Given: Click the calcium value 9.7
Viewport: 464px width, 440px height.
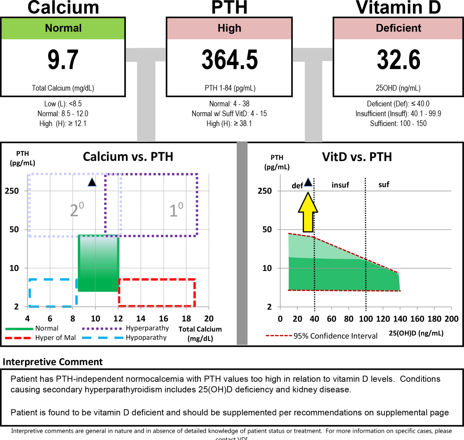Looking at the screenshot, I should [x=63, y=60].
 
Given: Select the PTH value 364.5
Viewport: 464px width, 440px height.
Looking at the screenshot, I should [x=229, y=60].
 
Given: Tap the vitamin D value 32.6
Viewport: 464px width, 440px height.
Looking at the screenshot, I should [x=398, y=60].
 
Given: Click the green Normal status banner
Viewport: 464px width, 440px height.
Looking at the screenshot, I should [x=63, y=28].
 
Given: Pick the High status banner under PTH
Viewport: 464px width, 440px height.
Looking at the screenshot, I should [x=229, y=28].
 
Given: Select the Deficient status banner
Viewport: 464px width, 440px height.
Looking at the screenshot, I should [x=398, y=28].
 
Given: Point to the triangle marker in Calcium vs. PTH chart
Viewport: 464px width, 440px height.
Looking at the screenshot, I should [x=92, y=182].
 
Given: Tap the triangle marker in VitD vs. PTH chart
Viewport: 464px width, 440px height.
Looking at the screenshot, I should [x=308, y=182].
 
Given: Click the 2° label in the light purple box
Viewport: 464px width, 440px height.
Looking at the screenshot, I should [x=77, y=210].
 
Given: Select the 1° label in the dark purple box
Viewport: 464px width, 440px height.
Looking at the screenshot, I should [x=176, y=210].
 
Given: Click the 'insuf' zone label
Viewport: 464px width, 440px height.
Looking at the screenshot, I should [x=340, y=185].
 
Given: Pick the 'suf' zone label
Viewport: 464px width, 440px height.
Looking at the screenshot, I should [x=384, y=185].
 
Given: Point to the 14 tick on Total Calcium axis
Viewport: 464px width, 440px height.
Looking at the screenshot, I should [x=141, y=319].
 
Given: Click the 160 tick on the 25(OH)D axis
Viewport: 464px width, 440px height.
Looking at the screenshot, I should [x=417, y=319].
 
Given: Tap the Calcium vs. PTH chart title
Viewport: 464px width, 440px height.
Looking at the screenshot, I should [x=128, y=157].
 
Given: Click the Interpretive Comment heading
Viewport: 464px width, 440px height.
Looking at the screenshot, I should [x=53, y=362].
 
